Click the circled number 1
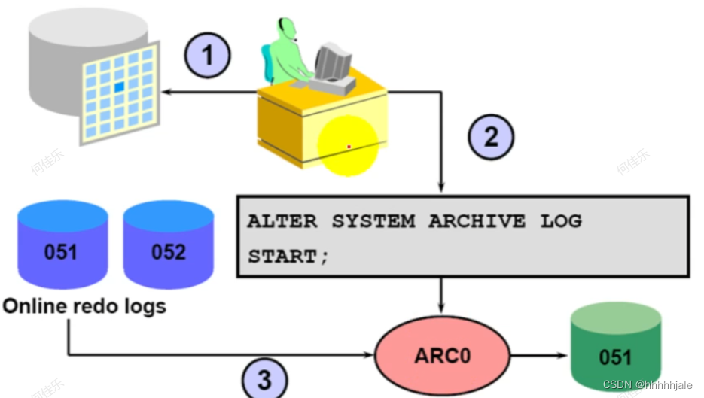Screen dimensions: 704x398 tap(207, 55)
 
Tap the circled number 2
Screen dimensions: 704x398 tap(491, 136)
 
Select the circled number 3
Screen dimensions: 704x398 tap(264, 379)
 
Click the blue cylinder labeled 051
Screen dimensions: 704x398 tap(62, 245)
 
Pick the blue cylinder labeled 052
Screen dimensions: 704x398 tap(169, 245)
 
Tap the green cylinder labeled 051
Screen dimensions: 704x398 tap(616, 347)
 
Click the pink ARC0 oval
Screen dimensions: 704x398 tap(442, 355)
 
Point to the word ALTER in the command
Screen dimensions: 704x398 tap(282, 221)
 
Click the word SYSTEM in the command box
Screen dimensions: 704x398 tap(373, 221)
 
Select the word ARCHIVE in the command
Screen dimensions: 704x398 tap(477, 221)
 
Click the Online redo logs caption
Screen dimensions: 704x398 tap(84, 306)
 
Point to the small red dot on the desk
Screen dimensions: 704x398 tap(349, 147)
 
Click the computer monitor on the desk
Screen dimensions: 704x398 tap(333, 62)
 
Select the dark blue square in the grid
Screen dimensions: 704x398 tap(119, 87)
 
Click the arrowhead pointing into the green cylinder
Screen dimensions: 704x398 tap(562, 355)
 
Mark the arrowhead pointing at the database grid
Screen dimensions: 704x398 tap(167, 92)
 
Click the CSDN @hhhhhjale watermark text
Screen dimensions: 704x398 tap(648, 385)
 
